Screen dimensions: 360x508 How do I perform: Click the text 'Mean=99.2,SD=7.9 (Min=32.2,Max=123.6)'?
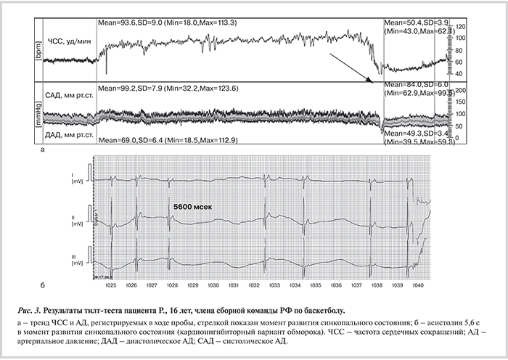(x=168, y=88)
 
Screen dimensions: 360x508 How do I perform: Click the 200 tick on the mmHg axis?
(x=461, y=90)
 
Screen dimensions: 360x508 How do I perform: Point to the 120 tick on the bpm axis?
(x=461, y=27)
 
